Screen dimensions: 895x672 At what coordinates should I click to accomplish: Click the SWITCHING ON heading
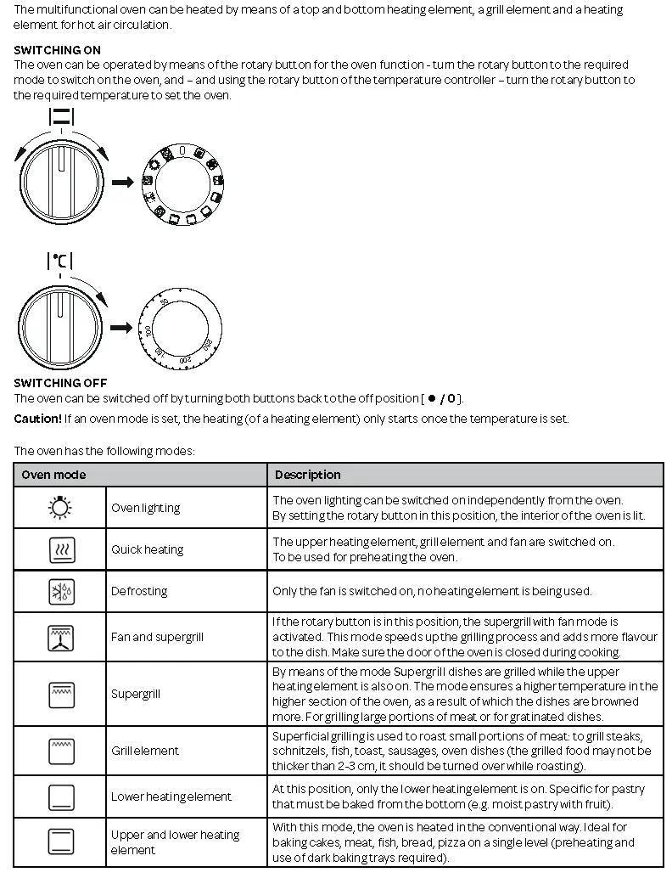coord(57,50)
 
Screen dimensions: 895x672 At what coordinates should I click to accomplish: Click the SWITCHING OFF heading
coord(60,383)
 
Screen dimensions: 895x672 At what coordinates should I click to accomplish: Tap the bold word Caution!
coord(37,419)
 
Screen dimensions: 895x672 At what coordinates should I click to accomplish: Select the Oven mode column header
coord(53,475)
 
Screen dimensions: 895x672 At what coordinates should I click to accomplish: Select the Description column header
coord(307,475)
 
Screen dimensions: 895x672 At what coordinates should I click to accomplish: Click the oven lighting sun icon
coord(60,508)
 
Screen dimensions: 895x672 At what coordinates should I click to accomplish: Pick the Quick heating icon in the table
coord(60,550)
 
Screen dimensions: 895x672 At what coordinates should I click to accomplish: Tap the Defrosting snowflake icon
coord(60,591)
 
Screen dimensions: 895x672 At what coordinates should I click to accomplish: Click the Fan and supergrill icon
coord(60,637)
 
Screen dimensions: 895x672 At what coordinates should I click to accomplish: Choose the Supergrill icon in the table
coord(60,695)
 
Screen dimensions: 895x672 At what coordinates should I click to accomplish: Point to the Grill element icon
coord(60,751)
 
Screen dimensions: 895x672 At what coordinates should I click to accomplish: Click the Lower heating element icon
coord(60,796)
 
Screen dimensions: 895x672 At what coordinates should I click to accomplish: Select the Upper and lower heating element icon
coord(60,842)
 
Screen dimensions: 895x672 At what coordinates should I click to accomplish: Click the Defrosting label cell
coord(139,591)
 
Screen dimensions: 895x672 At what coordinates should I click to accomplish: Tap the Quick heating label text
coord(147,549)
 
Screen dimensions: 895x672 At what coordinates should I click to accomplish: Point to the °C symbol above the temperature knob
coord(59,262)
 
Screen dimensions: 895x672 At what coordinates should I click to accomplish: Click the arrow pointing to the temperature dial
coord(122,328)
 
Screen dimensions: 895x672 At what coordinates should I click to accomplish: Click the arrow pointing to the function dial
coord(123,182)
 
